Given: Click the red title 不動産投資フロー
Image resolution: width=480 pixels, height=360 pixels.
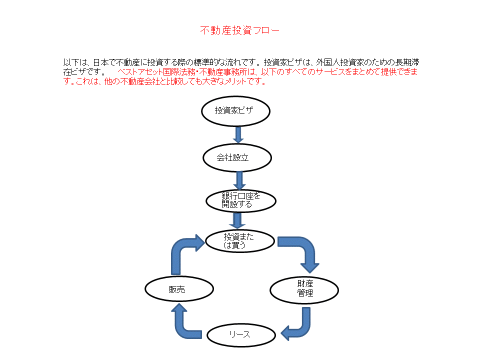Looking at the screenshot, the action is coord(239,30).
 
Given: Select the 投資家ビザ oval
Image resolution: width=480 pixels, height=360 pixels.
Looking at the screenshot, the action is coord(235,111).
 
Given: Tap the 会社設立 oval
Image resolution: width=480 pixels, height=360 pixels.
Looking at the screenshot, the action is coord(237,158).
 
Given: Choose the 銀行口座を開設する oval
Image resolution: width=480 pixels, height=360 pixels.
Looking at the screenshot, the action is coord(241,201).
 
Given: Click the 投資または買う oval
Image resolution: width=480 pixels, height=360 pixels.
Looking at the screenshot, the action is coord(240,241).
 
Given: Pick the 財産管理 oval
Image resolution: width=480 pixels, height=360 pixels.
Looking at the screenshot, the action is coord(304,290).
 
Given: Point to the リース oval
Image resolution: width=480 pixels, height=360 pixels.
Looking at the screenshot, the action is coord(241,335).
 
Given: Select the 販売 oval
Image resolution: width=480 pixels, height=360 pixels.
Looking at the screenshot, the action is coord(179,289).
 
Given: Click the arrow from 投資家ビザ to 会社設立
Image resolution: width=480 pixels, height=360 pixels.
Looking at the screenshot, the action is coord(238,134).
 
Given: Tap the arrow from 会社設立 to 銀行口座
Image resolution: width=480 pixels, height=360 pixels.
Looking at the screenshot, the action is coord(239,180).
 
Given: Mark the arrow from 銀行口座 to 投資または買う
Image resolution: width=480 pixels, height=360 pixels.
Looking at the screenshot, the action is coord(237,220).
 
